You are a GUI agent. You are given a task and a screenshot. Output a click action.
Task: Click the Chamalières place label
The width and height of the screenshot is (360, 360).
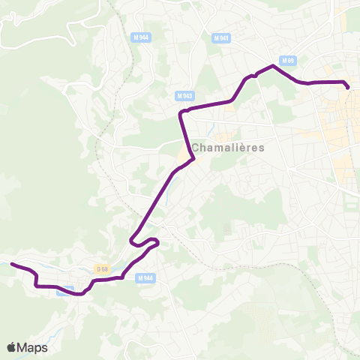point(229,147)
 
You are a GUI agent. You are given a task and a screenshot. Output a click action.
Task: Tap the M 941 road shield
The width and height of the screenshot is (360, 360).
point(220,37)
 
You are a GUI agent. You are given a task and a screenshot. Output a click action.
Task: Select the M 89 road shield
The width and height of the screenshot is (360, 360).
point(289,60)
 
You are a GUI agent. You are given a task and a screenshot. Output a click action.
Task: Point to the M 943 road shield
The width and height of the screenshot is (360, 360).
point(185,95)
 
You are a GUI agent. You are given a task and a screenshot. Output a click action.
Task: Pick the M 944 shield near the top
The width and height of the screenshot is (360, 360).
point(139,37)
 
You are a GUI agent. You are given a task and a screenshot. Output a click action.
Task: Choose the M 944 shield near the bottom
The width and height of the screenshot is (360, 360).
point(145,278)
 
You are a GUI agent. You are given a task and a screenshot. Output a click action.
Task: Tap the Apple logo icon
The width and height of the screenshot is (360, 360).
point(11,347)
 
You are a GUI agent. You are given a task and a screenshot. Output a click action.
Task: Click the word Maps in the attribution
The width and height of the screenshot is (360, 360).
point(32,347)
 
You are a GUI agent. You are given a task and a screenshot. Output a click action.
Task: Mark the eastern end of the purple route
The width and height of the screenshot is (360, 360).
point(348,88)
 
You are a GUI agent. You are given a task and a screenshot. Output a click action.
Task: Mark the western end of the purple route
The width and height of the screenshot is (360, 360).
point(11,263)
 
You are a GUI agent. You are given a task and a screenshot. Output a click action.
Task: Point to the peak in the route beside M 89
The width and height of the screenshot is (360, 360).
point(273,67)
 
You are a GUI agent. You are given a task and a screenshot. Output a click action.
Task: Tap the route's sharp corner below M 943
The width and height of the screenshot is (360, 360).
point(181,113)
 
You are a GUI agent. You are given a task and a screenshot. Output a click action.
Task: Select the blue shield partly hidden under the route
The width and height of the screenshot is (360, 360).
point(66,290)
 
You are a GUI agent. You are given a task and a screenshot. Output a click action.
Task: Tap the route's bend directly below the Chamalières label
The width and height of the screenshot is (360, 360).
point(193,159)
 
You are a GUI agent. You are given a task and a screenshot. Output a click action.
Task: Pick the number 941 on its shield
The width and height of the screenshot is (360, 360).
point(223,37)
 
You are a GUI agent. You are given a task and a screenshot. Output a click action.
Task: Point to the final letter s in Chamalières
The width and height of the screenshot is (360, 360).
point(262,148)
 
